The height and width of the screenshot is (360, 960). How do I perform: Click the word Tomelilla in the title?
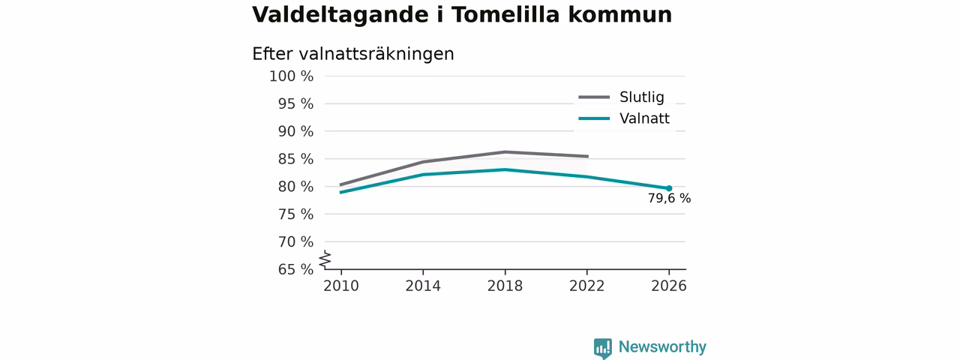point(505,14)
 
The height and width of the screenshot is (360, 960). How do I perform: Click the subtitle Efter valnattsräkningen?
point(353,55)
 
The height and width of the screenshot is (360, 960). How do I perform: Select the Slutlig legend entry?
point(622,97)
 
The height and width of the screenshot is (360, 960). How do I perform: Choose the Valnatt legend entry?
point(624,118)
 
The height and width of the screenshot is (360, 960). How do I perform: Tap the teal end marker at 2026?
point(669,188)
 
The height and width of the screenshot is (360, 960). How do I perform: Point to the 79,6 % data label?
point(670,199)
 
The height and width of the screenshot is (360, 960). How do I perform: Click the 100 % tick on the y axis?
point(292,76)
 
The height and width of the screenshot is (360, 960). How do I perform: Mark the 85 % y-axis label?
point(295,159)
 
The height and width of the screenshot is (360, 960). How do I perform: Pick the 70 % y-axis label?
point(295,241)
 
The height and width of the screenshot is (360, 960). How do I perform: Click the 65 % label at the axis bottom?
point(295,269)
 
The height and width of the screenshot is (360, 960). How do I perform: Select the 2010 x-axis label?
point(341,286)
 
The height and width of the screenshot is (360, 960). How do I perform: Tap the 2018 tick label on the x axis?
point(505,286)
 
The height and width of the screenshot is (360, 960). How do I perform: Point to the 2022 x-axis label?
point(586,286)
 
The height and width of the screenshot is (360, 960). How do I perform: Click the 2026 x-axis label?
point(668,286)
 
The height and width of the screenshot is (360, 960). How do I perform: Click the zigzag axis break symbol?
point(325,259)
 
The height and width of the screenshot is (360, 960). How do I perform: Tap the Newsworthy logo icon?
point(602,348)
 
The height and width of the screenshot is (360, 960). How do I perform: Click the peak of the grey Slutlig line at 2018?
point(505,151)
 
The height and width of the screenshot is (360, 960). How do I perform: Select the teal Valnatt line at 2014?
point(423,175)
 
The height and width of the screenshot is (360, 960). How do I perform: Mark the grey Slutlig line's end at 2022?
point(588,157)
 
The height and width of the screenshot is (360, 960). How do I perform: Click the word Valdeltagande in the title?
point(340,16)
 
